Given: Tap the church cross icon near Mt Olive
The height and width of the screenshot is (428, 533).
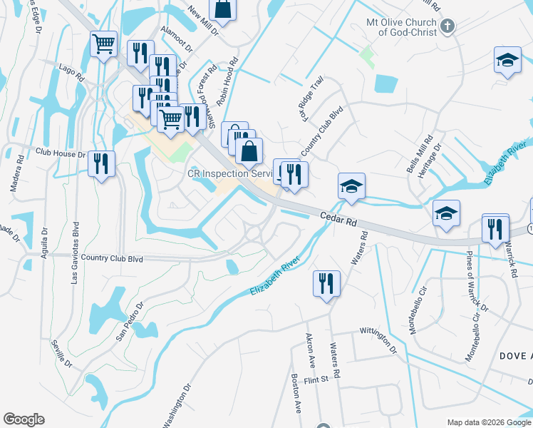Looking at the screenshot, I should (447, 27).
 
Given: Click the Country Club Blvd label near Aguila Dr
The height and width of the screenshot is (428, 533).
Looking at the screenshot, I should (112, 257).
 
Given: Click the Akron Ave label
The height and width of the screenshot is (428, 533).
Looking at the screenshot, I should (311, 350).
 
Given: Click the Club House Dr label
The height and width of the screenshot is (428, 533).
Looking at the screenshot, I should (60, 153).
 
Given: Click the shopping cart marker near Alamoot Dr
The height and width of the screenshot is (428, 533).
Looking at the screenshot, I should (104, 44).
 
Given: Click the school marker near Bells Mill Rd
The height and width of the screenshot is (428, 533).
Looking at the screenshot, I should (446, 213).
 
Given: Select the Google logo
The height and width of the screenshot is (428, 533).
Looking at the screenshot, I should (24, 419).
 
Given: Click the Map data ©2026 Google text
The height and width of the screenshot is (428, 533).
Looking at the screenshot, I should (489, 422).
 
